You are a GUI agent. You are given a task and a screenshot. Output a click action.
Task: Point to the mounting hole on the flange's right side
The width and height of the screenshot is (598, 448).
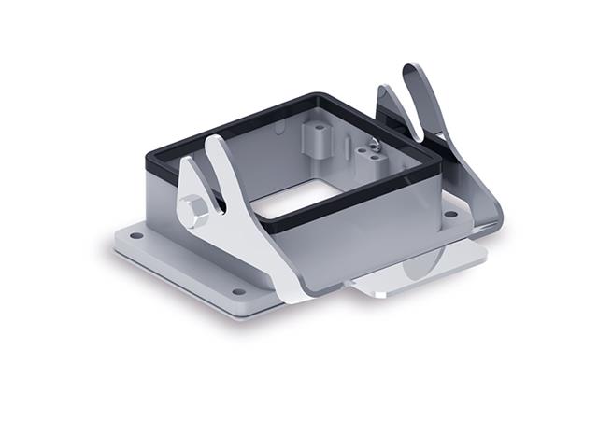click(x=450, y=214)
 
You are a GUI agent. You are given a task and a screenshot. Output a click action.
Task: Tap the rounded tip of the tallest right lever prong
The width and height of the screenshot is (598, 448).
click(x=411, y=75)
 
